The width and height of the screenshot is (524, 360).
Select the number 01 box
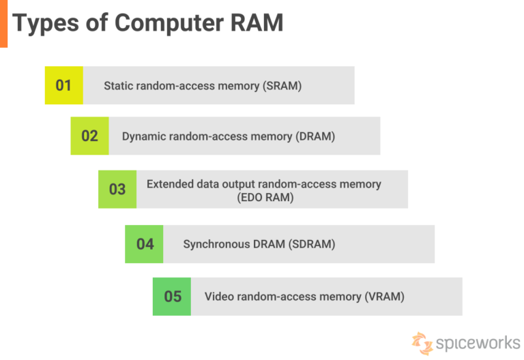[x=63, y=85]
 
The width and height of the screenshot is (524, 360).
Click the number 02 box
[x=89, y=136]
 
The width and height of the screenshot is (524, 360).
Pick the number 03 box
[x=117, y=189]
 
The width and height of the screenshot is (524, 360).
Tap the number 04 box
[x=145, y=243]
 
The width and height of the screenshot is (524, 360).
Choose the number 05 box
[x=172, y=296]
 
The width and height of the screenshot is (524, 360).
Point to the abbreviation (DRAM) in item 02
[x=315, y=136]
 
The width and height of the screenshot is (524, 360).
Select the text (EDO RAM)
[x=263, y=197]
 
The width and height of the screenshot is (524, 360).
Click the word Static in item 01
[x=118, y=86]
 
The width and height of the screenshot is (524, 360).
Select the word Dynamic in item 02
[x=145, y=136]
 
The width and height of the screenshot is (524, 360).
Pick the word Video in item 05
[x=218, y=297]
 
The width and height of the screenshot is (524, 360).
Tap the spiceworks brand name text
[x=478, y=342]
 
